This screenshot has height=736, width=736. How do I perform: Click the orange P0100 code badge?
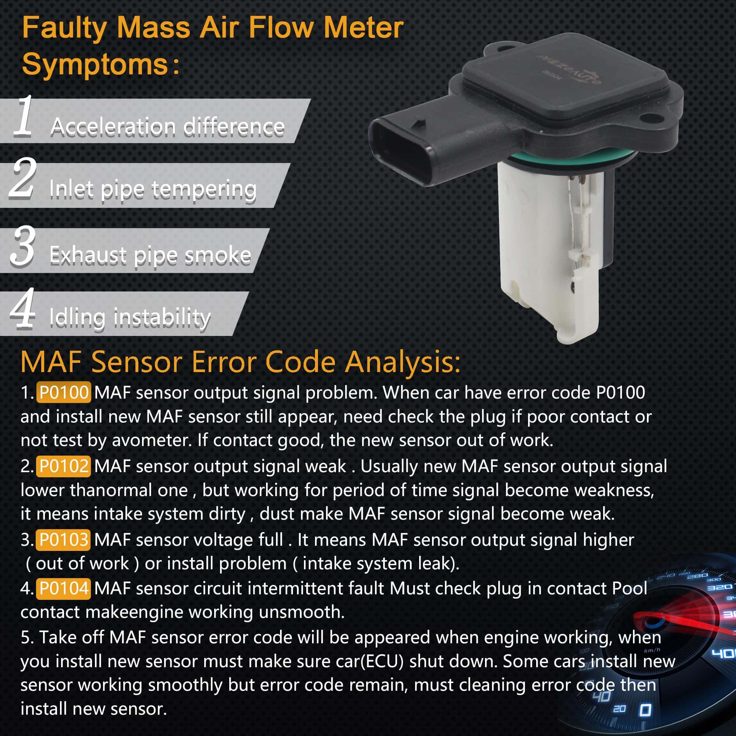(x=64, y=392)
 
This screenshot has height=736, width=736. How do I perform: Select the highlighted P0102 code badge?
(x=64, y=466)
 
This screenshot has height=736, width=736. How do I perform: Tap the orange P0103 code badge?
(x=63, y=539)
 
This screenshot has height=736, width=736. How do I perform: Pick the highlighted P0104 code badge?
(x=64, y=588)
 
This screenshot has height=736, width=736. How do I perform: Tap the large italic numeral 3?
(x=23, y=245)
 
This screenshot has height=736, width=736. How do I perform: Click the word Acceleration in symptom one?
(x=113, y=127)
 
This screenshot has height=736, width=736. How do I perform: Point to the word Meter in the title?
(x=364, y=28)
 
